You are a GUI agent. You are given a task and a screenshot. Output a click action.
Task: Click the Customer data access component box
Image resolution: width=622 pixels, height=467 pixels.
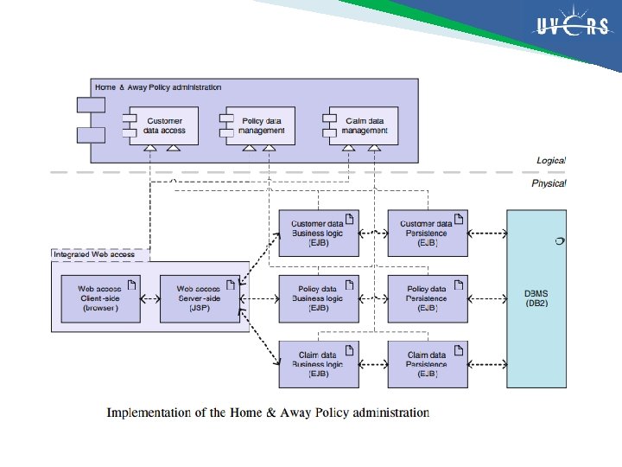[164, 126]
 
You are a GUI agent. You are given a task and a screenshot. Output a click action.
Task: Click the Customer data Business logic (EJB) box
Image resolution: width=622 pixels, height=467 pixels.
[318, 233]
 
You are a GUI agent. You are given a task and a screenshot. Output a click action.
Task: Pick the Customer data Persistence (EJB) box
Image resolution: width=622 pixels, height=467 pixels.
[427, 233]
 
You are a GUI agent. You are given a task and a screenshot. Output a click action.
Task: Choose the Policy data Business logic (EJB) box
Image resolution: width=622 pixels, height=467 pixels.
[318, 298]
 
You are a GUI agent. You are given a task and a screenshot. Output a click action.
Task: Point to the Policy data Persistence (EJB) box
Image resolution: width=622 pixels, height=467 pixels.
[427, 298]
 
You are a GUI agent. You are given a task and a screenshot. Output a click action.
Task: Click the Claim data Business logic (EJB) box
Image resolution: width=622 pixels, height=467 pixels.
[318, 364]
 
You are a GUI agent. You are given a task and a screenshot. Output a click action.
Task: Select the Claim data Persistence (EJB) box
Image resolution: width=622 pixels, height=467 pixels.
[427, 364]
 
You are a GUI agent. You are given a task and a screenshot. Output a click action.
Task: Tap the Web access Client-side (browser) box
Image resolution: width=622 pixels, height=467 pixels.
[100, 298]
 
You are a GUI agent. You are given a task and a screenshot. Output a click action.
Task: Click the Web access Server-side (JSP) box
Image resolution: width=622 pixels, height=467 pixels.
[200, 298]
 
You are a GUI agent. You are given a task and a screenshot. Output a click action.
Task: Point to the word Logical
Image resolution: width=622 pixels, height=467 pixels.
[550, 161]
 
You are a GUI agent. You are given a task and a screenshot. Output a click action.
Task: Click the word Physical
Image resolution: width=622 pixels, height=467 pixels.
[549, 183]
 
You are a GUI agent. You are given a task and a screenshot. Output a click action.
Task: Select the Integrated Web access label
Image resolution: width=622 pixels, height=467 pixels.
[94, 254]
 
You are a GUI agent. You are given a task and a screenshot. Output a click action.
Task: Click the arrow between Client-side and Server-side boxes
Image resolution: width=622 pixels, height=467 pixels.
[149, 299]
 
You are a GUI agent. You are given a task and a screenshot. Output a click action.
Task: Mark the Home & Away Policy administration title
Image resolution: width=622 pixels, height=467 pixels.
[158, 87]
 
